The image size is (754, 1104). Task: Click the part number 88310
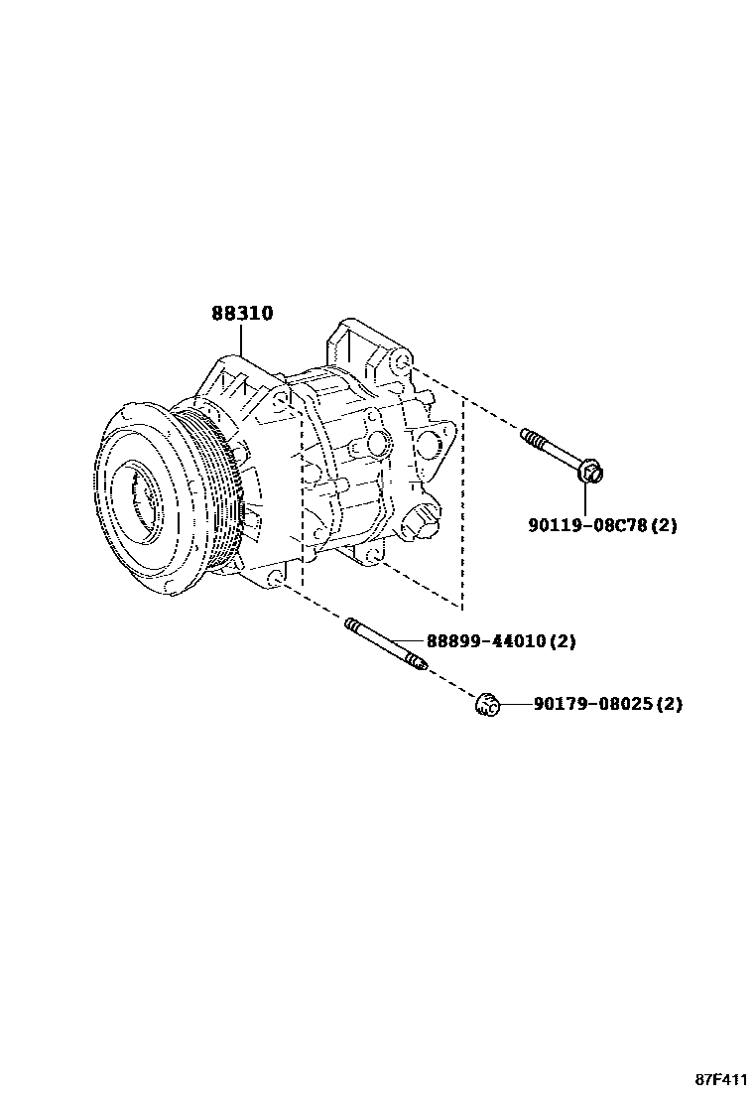pyautogui.click(x=242, y=314)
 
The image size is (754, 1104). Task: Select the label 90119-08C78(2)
pyautogui.click(x=602, y=525)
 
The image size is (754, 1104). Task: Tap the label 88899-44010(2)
pyautogui.click(x=501, y=641)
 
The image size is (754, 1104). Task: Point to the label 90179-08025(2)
pyautogui.click(x=607, y=705)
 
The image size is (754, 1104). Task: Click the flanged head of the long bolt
pyautogui.click(x=590, y=470)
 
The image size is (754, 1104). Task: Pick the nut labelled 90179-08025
pyautogui.click(x=486, y=705)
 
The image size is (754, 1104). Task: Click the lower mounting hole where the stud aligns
pyautogui.click(x=275, y=578)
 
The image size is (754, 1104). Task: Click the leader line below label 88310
pyautogui.click(x=241, y=342)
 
